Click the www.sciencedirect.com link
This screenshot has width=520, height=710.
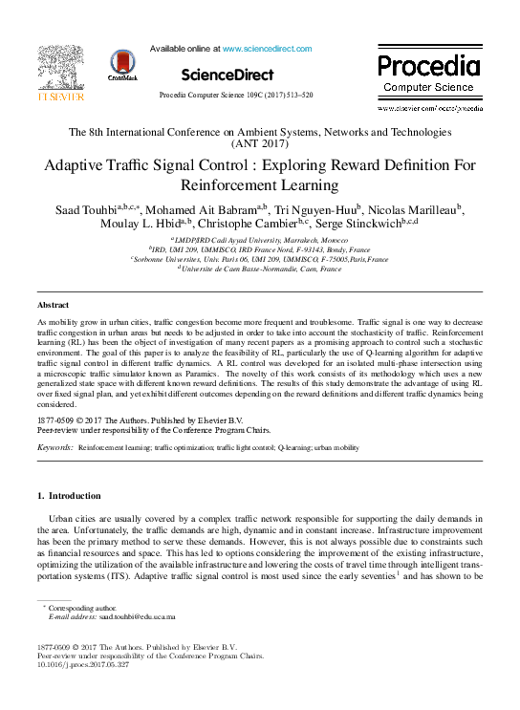tap(261, 47)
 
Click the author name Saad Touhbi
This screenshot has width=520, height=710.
tap(85, 208)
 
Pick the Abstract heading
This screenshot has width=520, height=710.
tap(53, 305)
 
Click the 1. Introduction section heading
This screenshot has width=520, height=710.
tap(68, 496)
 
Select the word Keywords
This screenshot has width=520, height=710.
tap(54, 446)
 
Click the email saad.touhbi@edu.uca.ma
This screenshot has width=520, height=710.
tap(139, 617)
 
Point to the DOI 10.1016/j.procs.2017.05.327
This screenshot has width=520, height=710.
tap(82, 665)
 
